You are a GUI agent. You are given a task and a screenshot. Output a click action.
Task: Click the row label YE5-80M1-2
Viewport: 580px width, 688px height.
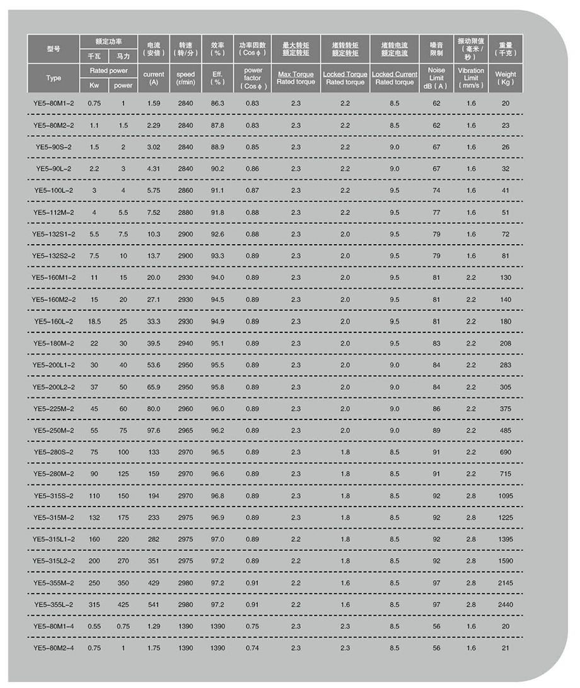54,103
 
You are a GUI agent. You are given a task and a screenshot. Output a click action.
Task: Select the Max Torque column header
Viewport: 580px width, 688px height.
296,74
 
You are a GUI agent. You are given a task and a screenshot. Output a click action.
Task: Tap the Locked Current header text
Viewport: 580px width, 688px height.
395,74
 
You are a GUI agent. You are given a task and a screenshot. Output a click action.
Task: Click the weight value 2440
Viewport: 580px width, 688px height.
506,604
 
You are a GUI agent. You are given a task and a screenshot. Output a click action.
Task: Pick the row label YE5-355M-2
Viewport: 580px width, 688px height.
54,583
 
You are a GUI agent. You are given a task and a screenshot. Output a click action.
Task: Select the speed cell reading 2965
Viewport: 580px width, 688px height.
186,430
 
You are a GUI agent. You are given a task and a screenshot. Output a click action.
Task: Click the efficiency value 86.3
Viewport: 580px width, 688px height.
217,103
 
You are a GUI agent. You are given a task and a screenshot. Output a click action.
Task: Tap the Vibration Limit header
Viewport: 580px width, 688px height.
471,78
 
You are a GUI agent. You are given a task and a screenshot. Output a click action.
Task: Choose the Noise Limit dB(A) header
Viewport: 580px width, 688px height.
436,78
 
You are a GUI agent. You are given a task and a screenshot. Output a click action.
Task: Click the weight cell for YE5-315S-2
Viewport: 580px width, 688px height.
506,496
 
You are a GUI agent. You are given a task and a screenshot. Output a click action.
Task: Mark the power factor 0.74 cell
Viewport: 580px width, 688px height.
253,648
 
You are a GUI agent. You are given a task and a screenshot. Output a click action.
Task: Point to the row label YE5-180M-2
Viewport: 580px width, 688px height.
54,343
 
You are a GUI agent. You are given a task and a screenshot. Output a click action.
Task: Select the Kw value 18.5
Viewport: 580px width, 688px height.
94,322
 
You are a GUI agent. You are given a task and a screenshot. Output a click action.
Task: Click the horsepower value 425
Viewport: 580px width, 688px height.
124,604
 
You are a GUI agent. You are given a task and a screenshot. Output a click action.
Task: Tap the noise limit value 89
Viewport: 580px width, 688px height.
436,430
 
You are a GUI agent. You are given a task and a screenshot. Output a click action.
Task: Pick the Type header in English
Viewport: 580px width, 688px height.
54,78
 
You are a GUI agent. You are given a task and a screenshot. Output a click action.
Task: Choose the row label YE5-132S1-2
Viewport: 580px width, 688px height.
54,235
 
